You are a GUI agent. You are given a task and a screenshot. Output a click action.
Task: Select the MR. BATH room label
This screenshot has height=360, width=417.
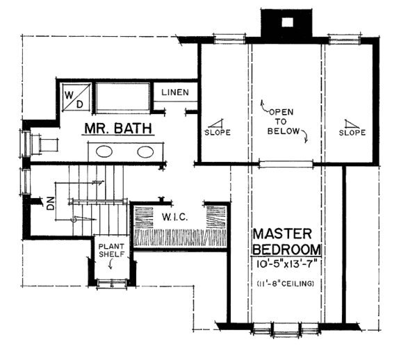click(119, 129)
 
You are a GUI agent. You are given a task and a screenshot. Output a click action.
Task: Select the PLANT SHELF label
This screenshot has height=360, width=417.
click(111, 250)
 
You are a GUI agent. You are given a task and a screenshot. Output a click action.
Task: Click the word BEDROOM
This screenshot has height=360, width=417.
click(285, 249)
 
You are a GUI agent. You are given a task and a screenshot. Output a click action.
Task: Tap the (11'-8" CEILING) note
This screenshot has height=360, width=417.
click(285, 284)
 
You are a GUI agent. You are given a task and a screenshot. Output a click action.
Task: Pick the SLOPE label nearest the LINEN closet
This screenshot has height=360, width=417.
click(217, 131)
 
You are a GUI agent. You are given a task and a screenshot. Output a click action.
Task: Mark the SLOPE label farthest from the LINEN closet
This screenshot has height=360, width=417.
click(353, 131)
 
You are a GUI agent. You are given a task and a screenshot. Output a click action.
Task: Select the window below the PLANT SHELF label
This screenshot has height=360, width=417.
click(111, 281)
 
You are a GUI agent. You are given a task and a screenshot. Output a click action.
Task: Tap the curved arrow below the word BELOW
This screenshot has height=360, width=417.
click(306, 140)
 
